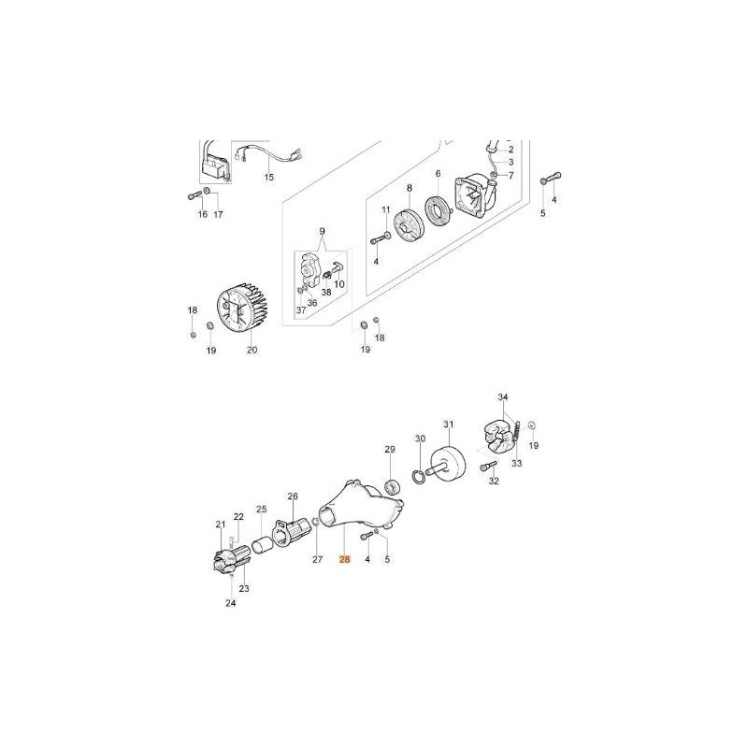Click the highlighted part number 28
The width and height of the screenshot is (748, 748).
point(344,559)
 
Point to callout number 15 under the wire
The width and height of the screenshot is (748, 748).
point(269,178)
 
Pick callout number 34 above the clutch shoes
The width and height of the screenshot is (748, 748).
point(503,396)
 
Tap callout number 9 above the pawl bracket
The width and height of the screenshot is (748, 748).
point(322,231)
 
